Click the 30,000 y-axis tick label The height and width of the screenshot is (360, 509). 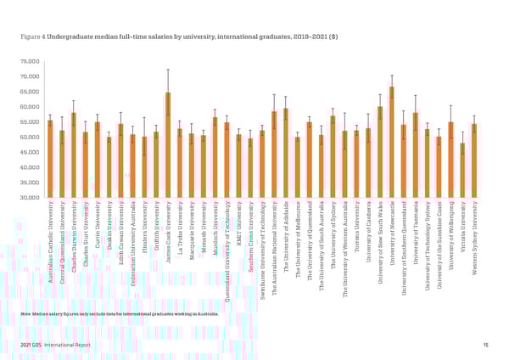pyautogui.click(x=30, y=197)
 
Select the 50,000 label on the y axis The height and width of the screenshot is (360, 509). pyautogui.click(x=30, y=137)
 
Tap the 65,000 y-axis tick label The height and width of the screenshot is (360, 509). pyautogui.click(x=30, y=92)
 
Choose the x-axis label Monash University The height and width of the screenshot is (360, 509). pyautogui.click(x=204, y=225)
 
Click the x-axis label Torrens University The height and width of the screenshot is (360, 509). pyautogui.click(x=356, y=224)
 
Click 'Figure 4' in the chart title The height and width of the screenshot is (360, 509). pyautogui.click(x=31, y=37)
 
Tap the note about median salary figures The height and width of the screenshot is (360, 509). pyautogui.click(x=119, y=313)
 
